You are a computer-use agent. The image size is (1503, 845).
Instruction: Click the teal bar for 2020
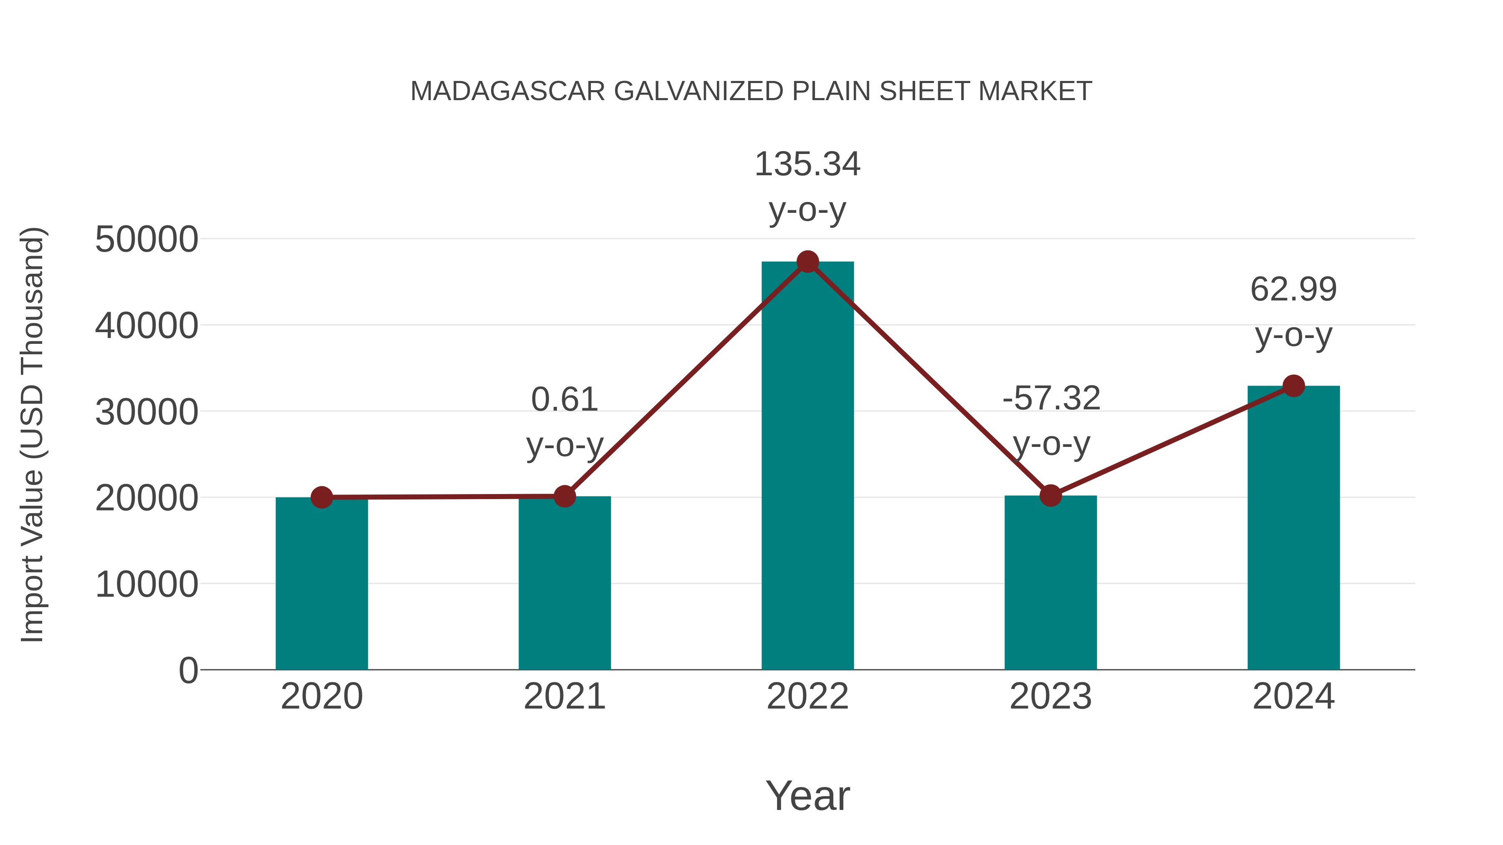coord(321,583)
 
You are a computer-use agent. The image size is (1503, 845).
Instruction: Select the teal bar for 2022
coord(807,467)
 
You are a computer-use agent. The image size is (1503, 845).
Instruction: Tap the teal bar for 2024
coord(1293,528)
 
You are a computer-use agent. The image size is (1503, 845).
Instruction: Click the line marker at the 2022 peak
coord(807,262)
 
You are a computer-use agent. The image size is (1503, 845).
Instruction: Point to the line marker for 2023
coord(1051,496)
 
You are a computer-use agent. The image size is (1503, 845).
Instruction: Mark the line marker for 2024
coord(1293,386)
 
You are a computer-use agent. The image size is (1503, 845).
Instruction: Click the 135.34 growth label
coord(807,164)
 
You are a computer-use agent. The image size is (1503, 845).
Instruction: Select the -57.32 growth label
coord(1051,399)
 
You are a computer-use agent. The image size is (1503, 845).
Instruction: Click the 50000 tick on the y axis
coord(147,239)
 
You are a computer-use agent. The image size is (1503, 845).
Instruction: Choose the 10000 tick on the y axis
coord(147,584)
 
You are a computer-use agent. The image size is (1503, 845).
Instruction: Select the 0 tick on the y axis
coord(188,670)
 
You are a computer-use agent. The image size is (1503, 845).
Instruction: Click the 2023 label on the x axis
coord(1051,696)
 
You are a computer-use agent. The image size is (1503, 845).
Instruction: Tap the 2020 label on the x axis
coord(321,696)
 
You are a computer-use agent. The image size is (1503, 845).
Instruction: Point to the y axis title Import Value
coord(32,434)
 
